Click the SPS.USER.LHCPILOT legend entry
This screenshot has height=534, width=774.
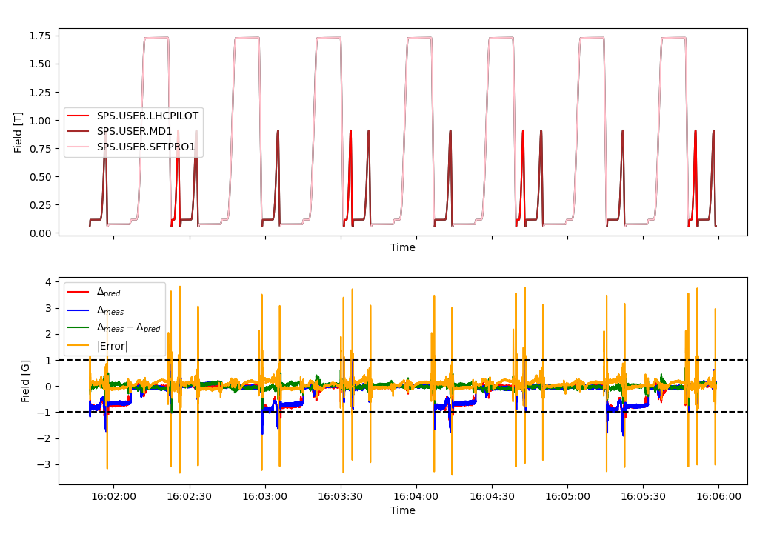[x=147, y=116]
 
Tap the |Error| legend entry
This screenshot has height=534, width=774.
[x=113, y=346]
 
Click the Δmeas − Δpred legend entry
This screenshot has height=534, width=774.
[x=128, y=328]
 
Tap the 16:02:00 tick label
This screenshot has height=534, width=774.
[x=113, y=496]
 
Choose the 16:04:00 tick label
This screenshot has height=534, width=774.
[x=416, y=496]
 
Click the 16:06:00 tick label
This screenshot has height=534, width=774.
[x=718, y=496]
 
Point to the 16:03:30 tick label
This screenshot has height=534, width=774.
[x=341, y=496]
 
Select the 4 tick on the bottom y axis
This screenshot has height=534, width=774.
[x=47, y=282]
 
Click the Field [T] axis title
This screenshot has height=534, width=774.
[x=19, y=132]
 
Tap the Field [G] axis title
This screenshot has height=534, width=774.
[x=26, y=381]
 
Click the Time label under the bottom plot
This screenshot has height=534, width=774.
[x=403, y=510]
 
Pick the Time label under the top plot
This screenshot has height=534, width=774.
[x=403, y=248]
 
